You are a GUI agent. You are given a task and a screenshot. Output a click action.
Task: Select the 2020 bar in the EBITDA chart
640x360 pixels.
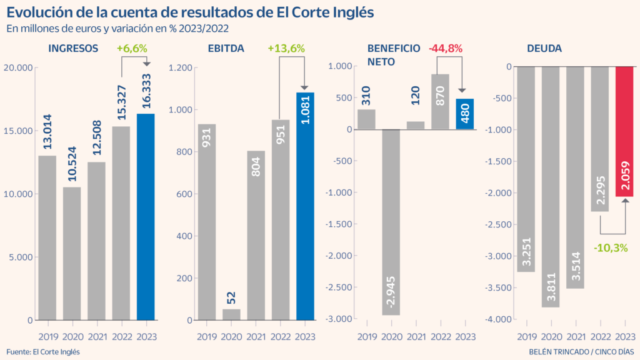(x=231, y=314)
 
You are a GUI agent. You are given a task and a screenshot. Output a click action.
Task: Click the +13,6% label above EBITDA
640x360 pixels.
(x=286, y=48)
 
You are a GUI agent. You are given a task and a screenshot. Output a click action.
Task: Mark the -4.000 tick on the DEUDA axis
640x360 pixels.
(x=498, y=320)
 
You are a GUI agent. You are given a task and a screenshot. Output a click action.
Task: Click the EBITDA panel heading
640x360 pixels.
(x=226, y=48)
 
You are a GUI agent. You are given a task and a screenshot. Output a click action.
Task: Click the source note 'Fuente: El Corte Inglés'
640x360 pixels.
(x=43, y=352)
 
